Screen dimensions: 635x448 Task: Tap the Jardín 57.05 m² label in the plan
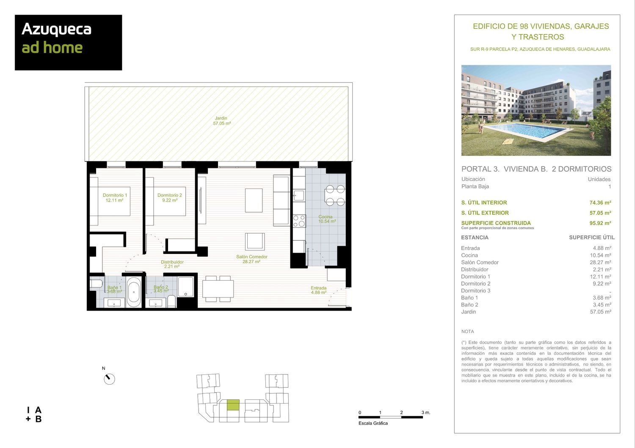click(x=222, y=121)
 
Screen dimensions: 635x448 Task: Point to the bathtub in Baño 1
click(x=134, y=292)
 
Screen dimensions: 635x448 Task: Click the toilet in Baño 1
click(x=96, y=283)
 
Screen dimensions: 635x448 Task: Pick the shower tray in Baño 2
click(x=186, y=287)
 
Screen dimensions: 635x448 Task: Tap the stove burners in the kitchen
click(x=299, y=221)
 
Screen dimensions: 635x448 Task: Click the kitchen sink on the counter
click(x=299, y=195)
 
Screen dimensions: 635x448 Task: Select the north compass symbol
click(x=109, y=379)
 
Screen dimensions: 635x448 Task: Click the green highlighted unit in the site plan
click(x=233, y=405)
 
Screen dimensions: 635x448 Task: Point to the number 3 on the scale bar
click(x=422, y=412)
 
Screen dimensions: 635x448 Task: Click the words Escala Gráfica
click(x=373, y=423)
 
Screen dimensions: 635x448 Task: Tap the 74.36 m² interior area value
click(x=600, y=202)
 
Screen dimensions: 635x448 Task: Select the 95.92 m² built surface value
click(x=600, y=223)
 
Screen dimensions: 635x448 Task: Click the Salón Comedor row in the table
click(x=480, y=262)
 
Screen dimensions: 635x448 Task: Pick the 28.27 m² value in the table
click(x=600, y=262)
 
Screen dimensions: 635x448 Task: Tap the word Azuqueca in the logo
click(x=56, y=29)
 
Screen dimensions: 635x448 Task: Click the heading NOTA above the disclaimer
click(x=467, y=331)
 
